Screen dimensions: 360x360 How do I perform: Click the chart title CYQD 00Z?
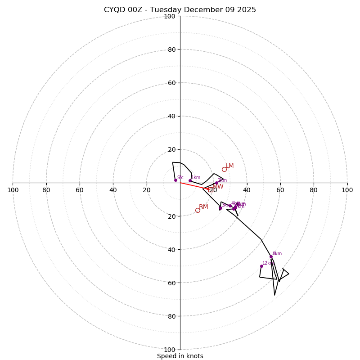coord(180,10)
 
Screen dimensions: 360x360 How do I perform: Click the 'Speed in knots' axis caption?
coord(180,356)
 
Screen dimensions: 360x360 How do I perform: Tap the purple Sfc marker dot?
coord(175,180)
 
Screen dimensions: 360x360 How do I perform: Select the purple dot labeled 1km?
coord(190,180)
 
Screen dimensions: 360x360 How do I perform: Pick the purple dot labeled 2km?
coord(216,183)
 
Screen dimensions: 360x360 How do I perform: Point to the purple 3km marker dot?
coord(220,208)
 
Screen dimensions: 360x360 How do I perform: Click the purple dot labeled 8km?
coord(271,257)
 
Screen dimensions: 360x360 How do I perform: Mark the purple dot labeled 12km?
coord(261,266)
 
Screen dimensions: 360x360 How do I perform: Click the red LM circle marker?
coord(224,169)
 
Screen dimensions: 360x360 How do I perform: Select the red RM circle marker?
coord(198,210)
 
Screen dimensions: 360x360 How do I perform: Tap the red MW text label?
coord(218,187)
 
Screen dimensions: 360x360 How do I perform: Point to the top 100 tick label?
coord(169,16)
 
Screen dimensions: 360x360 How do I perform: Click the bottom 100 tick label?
coord(169,349)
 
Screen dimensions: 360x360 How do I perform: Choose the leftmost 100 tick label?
coord(13,190)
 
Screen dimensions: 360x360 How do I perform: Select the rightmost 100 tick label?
coord(347,190)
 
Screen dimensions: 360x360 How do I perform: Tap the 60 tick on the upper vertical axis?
coord(171,83)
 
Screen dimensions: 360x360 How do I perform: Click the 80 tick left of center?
coord(46,190)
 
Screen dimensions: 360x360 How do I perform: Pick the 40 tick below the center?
coord(171,249)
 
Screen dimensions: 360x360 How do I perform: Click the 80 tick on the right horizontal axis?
coord(314,190)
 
